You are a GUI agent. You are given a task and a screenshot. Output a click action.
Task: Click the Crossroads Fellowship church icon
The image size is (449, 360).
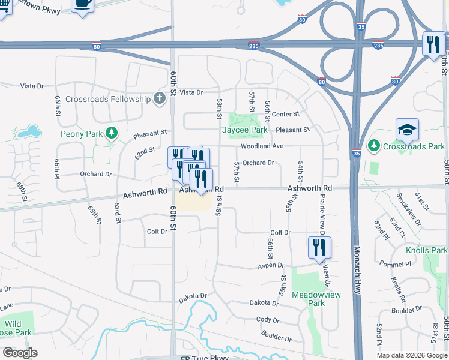click(159, 98)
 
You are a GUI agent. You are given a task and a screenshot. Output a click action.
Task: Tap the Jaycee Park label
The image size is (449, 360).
click(244, 130)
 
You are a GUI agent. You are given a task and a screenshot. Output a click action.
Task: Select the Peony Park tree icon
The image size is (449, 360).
click(110, 132)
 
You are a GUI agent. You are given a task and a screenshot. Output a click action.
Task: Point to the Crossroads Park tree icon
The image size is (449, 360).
click(373, 145)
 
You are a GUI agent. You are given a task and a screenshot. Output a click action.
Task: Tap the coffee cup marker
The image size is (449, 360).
click(82, 4)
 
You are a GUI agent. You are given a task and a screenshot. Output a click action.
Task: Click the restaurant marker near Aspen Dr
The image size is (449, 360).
click(319, 248)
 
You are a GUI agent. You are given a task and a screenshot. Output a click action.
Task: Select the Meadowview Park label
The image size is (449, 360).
click(308, 299)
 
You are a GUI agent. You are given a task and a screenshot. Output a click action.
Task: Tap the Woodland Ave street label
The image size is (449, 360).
click(262, 146)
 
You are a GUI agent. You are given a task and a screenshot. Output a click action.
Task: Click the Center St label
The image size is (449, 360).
click(285, 114)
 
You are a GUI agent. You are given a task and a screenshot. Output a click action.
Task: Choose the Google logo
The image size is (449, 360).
click(19, 353)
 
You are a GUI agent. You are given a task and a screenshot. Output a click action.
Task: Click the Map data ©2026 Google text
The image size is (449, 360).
click(412, 355)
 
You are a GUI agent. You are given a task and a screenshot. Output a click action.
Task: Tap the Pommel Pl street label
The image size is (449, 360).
click(394, 263)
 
